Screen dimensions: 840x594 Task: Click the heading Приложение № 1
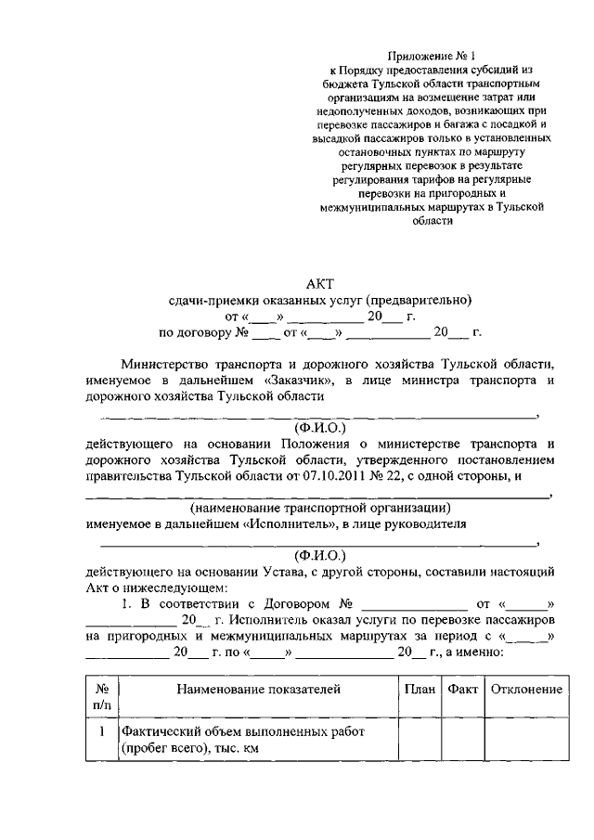point(430,57)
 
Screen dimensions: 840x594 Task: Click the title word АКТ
point(318,284)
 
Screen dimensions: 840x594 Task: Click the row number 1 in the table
point(101,732)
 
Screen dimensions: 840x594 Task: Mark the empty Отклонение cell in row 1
point(526,741)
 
